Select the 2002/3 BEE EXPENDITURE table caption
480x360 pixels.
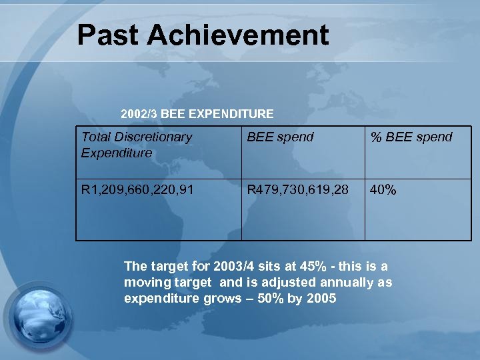(x=197, y=114)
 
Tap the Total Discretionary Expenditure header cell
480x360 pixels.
(x=136, y=145)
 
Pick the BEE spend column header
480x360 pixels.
(x=280, y=137)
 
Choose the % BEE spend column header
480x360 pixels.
(x=411, y=137)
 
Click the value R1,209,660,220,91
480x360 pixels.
(x=138, y=190)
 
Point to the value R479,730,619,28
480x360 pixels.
(x=297, y=190)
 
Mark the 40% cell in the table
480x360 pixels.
(x=383, y=190)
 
